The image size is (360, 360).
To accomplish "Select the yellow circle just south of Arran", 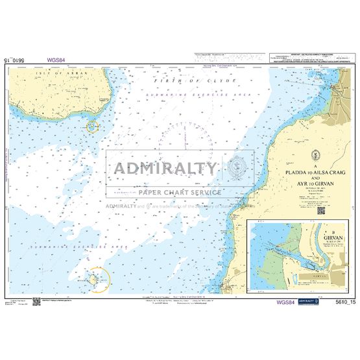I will [93, 126].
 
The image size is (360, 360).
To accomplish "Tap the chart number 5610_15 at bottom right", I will [341, 303].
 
